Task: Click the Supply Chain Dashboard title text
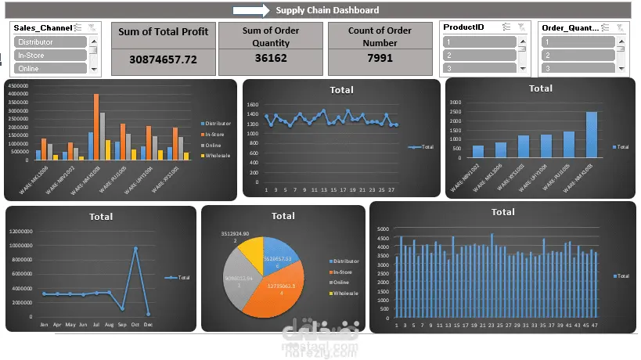coord(327,10)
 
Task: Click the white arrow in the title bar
coord(250,10)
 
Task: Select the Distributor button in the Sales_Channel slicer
coord(50,42)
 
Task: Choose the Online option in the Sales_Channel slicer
coord(50,69)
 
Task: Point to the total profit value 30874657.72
coord(163,59)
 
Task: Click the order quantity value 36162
coord(271,59)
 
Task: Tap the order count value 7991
coord(380,59)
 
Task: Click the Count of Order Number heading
coord(380,37)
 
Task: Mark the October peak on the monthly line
coord(135,249)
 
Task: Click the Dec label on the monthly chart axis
coord(148,324)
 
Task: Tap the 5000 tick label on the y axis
coord(383,229)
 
